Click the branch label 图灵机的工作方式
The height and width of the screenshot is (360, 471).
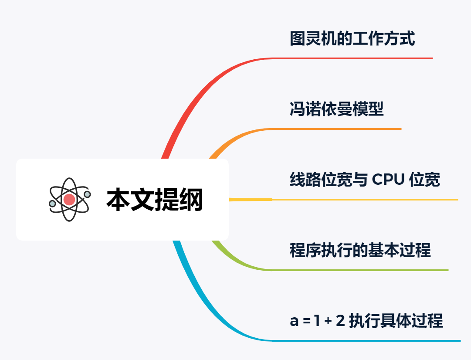pyautogui.click(x=352, y=39)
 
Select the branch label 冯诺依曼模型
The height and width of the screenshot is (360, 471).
pyautogui.click(x=336, y=109)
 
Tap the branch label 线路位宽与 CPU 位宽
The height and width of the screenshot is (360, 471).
pyautogui.click(x=365, y=180)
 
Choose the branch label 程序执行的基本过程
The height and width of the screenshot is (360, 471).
pyautogui.click(x=360, y=251)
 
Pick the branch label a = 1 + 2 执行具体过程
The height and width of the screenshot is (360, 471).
pyautogui.click(x=366, y=321)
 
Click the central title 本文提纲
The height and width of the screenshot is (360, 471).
pyautogui.click(x=155, y=200)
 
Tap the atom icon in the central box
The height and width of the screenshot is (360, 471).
pyautogui.click(x=69, y=199)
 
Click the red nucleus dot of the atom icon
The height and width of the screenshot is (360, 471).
pyautogui.click(x=69, y=200)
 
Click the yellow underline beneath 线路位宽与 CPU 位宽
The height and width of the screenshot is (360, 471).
pyautogui.click(x=366, y=200)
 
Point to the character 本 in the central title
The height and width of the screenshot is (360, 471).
pyautogui.click(x=118, y=200)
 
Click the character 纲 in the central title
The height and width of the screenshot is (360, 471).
pyautogui.click(x=191, y=200)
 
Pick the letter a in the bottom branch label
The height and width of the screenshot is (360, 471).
pyautogui.click(x=294, y=322)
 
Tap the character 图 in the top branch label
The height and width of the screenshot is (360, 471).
pyautogui.click(x=297, y=39)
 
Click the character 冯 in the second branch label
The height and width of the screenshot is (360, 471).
pyautogui.click(x=297, y=109)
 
